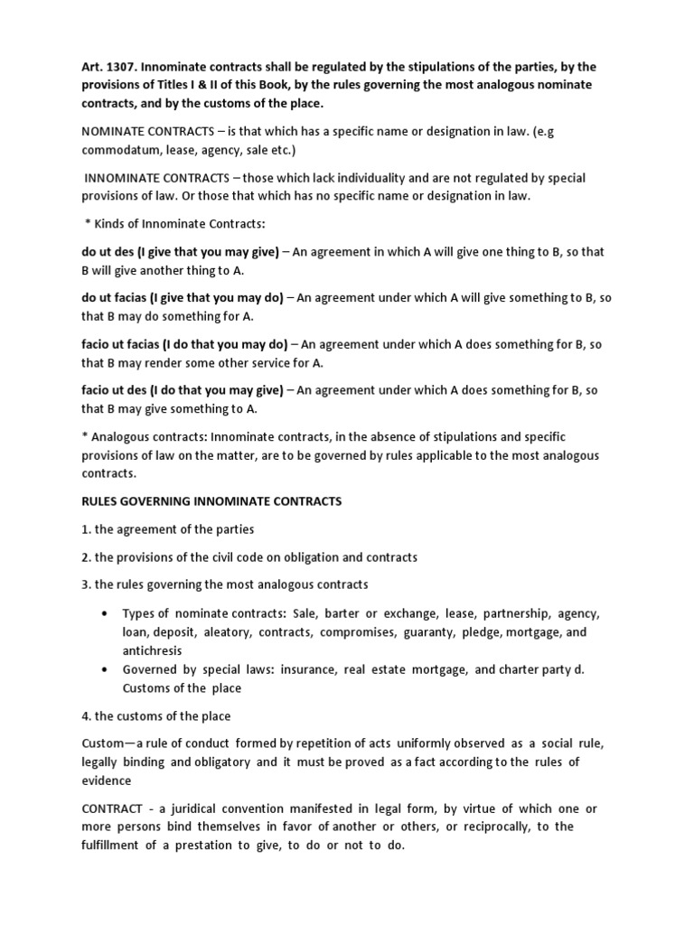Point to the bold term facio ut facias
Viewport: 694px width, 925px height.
(117, 344)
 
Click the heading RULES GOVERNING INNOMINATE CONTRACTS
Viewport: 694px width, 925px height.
(212, 501)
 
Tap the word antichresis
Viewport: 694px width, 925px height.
(153, 650)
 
